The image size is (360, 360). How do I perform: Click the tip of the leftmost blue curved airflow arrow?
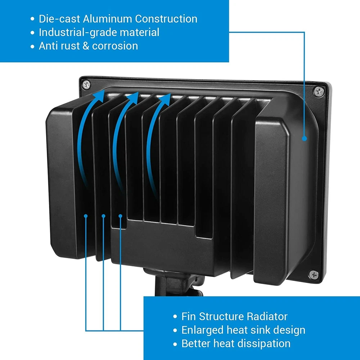pyautogui.click(x=104, y=90)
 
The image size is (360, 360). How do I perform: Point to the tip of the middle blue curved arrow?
pyautogui.click(x=139, y=92)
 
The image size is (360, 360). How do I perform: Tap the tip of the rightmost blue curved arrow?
pyautogui.click(x=171, y=94)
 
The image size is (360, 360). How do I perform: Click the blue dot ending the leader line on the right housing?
pyautogui.click(x=305, y=139)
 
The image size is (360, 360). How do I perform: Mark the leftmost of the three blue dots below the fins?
pyautogui.click(x=86, y=216)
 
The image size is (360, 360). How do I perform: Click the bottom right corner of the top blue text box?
pyautogui.click(x=229, y=62)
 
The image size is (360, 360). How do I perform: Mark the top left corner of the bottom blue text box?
pyautogui.click(x=144, y=297)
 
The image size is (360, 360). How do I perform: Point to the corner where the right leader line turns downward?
pyautogui.click(x=305, y=32)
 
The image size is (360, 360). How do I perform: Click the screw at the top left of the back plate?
pyautogui.click(x=86, y=85)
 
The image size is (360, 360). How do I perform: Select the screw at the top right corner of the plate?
pyautogui.click(x=319, y=91)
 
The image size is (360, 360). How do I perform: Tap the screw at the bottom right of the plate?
pyautogui.click(x=314, y=275)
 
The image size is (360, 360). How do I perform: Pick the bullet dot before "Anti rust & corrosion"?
pyautogui.click(x=32, y=46)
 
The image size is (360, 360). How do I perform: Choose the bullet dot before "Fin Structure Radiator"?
pyautogui.click(x=175, y=316)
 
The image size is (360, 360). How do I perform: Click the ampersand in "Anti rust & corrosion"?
pyautogui.click(x=86, y=46)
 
